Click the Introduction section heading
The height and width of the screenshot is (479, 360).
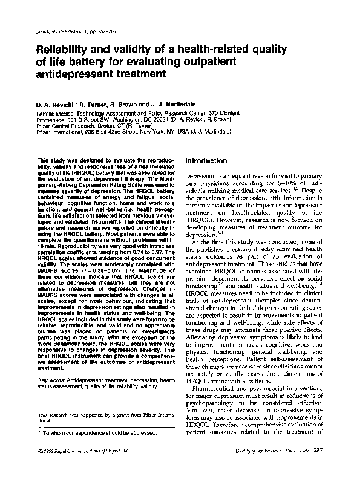205,161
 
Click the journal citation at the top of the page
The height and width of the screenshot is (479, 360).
66,30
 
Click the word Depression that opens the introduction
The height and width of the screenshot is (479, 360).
199,175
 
